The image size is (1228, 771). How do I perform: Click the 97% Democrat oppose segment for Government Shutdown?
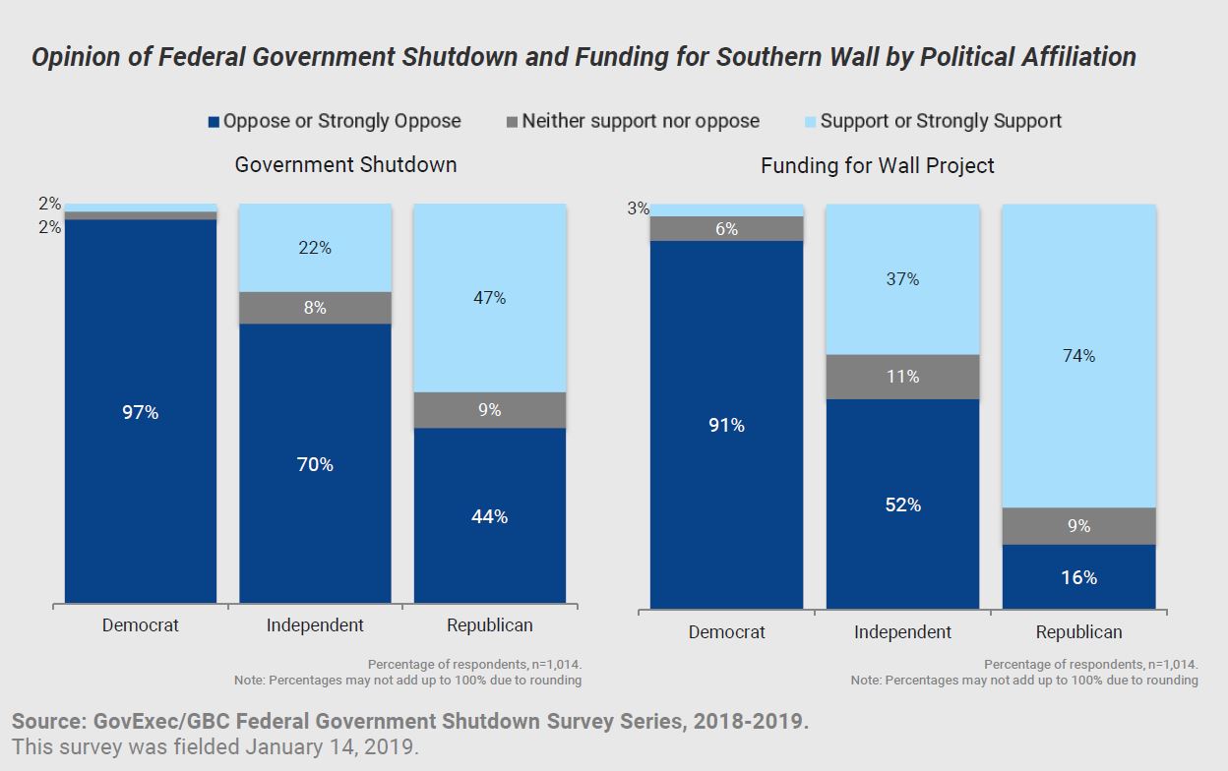[141, 411]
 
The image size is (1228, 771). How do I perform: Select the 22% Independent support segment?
[315, 248]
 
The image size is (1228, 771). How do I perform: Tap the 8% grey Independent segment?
[315, 308]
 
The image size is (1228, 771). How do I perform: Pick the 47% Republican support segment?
[489, 297]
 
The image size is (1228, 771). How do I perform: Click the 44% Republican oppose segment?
[489, 515]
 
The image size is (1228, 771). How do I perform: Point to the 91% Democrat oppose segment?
[727, 425]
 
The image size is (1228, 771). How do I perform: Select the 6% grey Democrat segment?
[727, 229]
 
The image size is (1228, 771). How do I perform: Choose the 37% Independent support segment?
[902, 279]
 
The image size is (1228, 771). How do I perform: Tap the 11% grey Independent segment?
[902, 377]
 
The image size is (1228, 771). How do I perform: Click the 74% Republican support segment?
[1078, 356]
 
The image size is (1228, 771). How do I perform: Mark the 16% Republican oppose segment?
[1078, 577]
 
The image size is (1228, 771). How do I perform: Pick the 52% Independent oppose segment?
[902, 504]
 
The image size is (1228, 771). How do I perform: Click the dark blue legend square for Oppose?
[214, 122]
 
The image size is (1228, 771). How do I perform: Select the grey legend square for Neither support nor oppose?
[512, 122]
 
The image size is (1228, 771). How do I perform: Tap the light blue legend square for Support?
[810, 122]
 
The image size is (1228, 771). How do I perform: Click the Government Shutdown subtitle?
[345, 164]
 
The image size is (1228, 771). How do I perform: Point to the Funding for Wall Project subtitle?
[877, 166]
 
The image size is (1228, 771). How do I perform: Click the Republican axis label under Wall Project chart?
[1078, 632]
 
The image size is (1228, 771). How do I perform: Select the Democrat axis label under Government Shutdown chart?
[141, 625]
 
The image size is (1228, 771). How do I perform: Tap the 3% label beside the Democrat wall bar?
[638, 208]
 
